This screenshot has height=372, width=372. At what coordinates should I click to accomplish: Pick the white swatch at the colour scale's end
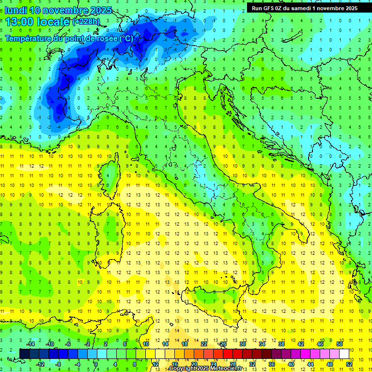(344, 354)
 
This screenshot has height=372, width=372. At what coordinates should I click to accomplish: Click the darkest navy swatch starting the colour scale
(25, 354)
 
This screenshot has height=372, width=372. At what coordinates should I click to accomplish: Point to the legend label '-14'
(31, 344)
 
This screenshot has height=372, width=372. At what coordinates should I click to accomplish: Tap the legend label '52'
(349, 364)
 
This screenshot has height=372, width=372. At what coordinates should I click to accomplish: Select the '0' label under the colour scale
(96, 364)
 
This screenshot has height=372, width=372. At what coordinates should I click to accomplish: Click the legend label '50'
(340, 344)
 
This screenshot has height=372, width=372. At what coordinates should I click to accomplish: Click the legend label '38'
(281, 344)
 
